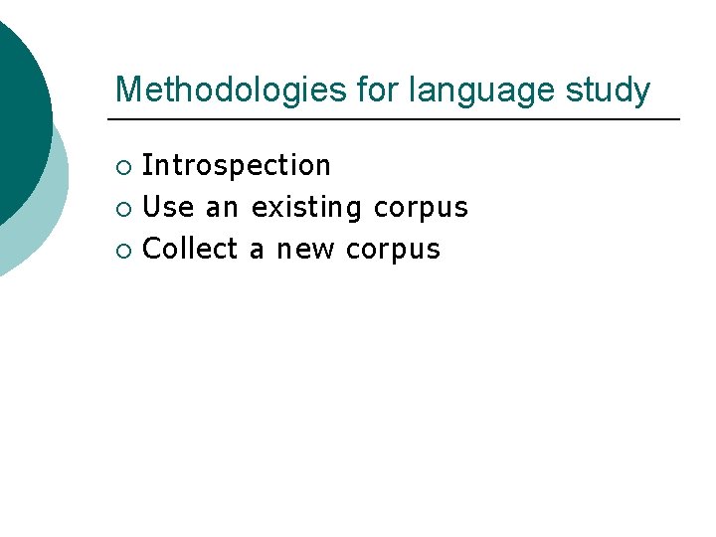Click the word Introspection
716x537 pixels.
click(237, 165)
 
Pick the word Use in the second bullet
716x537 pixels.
click(168, 207)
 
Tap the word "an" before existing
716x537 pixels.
click(222, 207)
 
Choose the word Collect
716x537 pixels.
click(190, 249)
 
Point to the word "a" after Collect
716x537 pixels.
click(257, 249)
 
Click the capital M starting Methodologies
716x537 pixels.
click(126, 89)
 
